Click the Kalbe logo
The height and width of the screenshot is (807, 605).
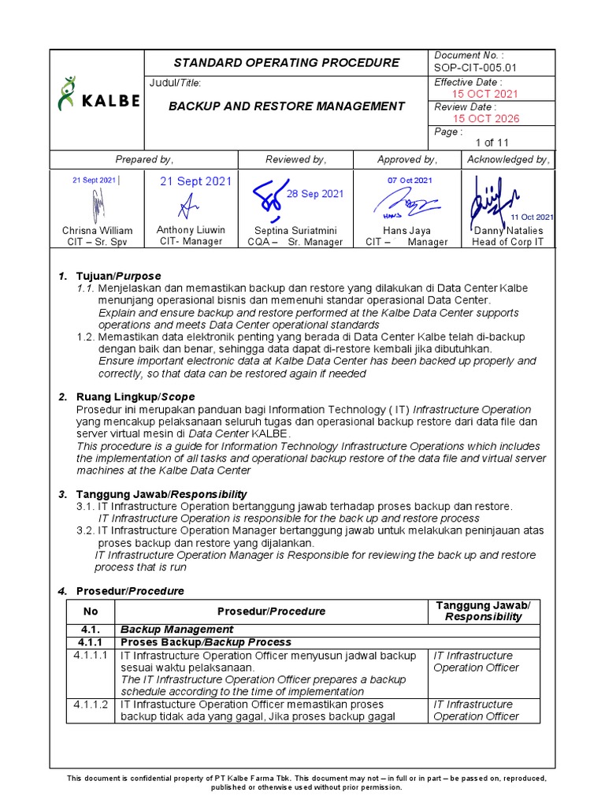click(x=98, y=95)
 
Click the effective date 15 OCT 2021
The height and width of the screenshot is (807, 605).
click(x=486, y=94)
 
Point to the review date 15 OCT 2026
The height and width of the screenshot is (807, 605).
click(x=486, y=119)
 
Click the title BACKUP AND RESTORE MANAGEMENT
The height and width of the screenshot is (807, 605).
click(x=287, y=106)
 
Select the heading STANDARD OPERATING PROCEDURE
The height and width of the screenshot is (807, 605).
click(x=287, y=63)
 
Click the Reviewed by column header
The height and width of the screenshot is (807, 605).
click(x=295, y=159)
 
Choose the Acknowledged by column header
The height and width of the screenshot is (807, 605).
click(x=508, y=159)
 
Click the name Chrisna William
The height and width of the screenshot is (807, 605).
click(x=98, y=230)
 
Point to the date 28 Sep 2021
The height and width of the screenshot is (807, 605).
click(x=314, y=194)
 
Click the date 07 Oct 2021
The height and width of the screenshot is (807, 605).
click(x=410, y=180)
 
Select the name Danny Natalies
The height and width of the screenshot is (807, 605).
click(x=508, y=230)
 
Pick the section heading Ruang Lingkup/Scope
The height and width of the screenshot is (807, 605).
click(x=135, y=396)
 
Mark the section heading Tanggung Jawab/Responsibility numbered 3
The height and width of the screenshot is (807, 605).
click(x=161, y=493)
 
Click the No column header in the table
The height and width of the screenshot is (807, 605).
click(x=91, y=611)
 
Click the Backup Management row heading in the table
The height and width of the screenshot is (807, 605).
click(x=176, y=629)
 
